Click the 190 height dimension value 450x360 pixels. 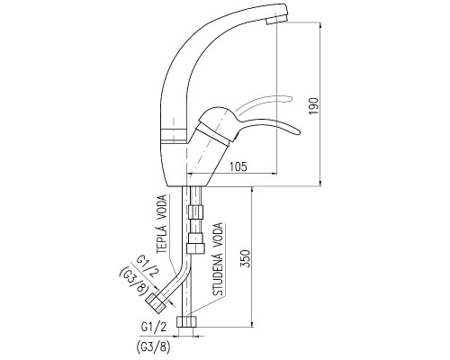tap(314, 105)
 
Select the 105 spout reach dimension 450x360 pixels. tap(238, 166)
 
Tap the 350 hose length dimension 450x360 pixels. tap(246, 258)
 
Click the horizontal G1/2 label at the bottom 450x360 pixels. tap(154, 328)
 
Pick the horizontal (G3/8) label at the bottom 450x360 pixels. tap(153, 347)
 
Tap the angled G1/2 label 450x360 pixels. tap(148, 267)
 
